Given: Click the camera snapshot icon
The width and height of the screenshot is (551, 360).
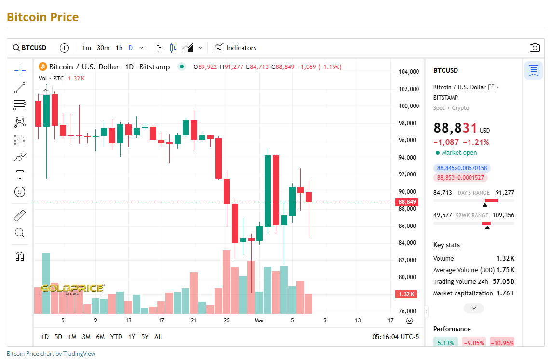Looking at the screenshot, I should (534, 48).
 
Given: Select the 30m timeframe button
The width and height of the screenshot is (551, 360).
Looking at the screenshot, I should (103, 48).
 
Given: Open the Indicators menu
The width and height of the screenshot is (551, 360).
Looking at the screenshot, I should (236, 48).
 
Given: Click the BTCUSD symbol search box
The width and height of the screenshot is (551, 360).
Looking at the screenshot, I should (30, 48).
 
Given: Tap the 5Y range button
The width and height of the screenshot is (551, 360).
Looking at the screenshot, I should (145, 337).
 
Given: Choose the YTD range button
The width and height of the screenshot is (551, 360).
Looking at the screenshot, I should (116, 337).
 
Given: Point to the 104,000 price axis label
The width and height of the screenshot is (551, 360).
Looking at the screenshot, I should (408, 72).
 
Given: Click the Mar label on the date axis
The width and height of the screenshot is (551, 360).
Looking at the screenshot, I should (259, 320).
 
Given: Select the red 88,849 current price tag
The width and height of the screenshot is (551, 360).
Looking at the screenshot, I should (407, 202).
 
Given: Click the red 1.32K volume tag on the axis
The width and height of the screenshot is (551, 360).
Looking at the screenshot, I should (407, 294).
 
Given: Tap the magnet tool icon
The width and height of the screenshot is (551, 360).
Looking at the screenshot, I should (20, 256).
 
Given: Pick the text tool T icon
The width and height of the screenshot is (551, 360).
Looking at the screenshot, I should (20, 174).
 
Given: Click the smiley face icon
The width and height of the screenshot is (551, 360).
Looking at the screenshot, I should (20, 192).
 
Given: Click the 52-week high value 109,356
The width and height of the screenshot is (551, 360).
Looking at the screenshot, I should (503, 215).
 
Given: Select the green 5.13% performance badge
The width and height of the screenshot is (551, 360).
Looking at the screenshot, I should (445, 343).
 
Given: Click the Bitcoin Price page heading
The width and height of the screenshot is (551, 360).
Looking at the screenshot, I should (42, 17).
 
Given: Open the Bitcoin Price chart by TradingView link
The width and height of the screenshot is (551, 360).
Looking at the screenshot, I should (51, 354).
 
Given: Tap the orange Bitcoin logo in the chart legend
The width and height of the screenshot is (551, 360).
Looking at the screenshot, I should (42, 67).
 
